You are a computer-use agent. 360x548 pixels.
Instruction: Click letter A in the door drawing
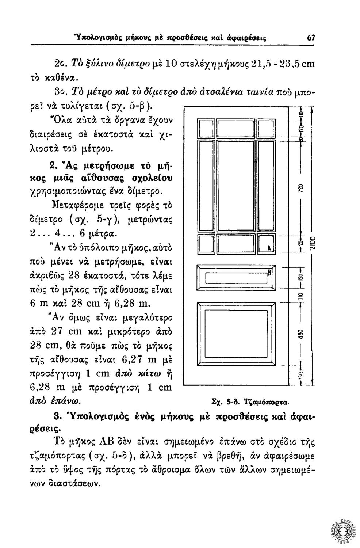pyautogui.click(x=269, y=247)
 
